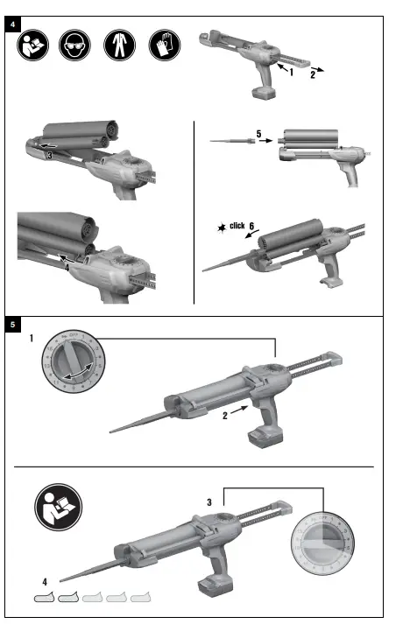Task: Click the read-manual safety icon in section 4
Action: click(x=32, y=46)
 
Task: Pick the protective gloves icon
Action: click(x=164, y=46)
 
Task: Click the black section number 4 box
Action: click(x=12, y=24)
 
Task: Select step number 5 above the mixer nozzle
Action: click(x=258, y=133)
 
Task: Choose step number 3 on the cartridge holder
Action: click(x=51, y=154)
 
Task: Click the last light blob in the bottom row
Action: click(x=139, y=599)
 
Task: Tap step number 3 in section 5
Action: click(x=209, y=502)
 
